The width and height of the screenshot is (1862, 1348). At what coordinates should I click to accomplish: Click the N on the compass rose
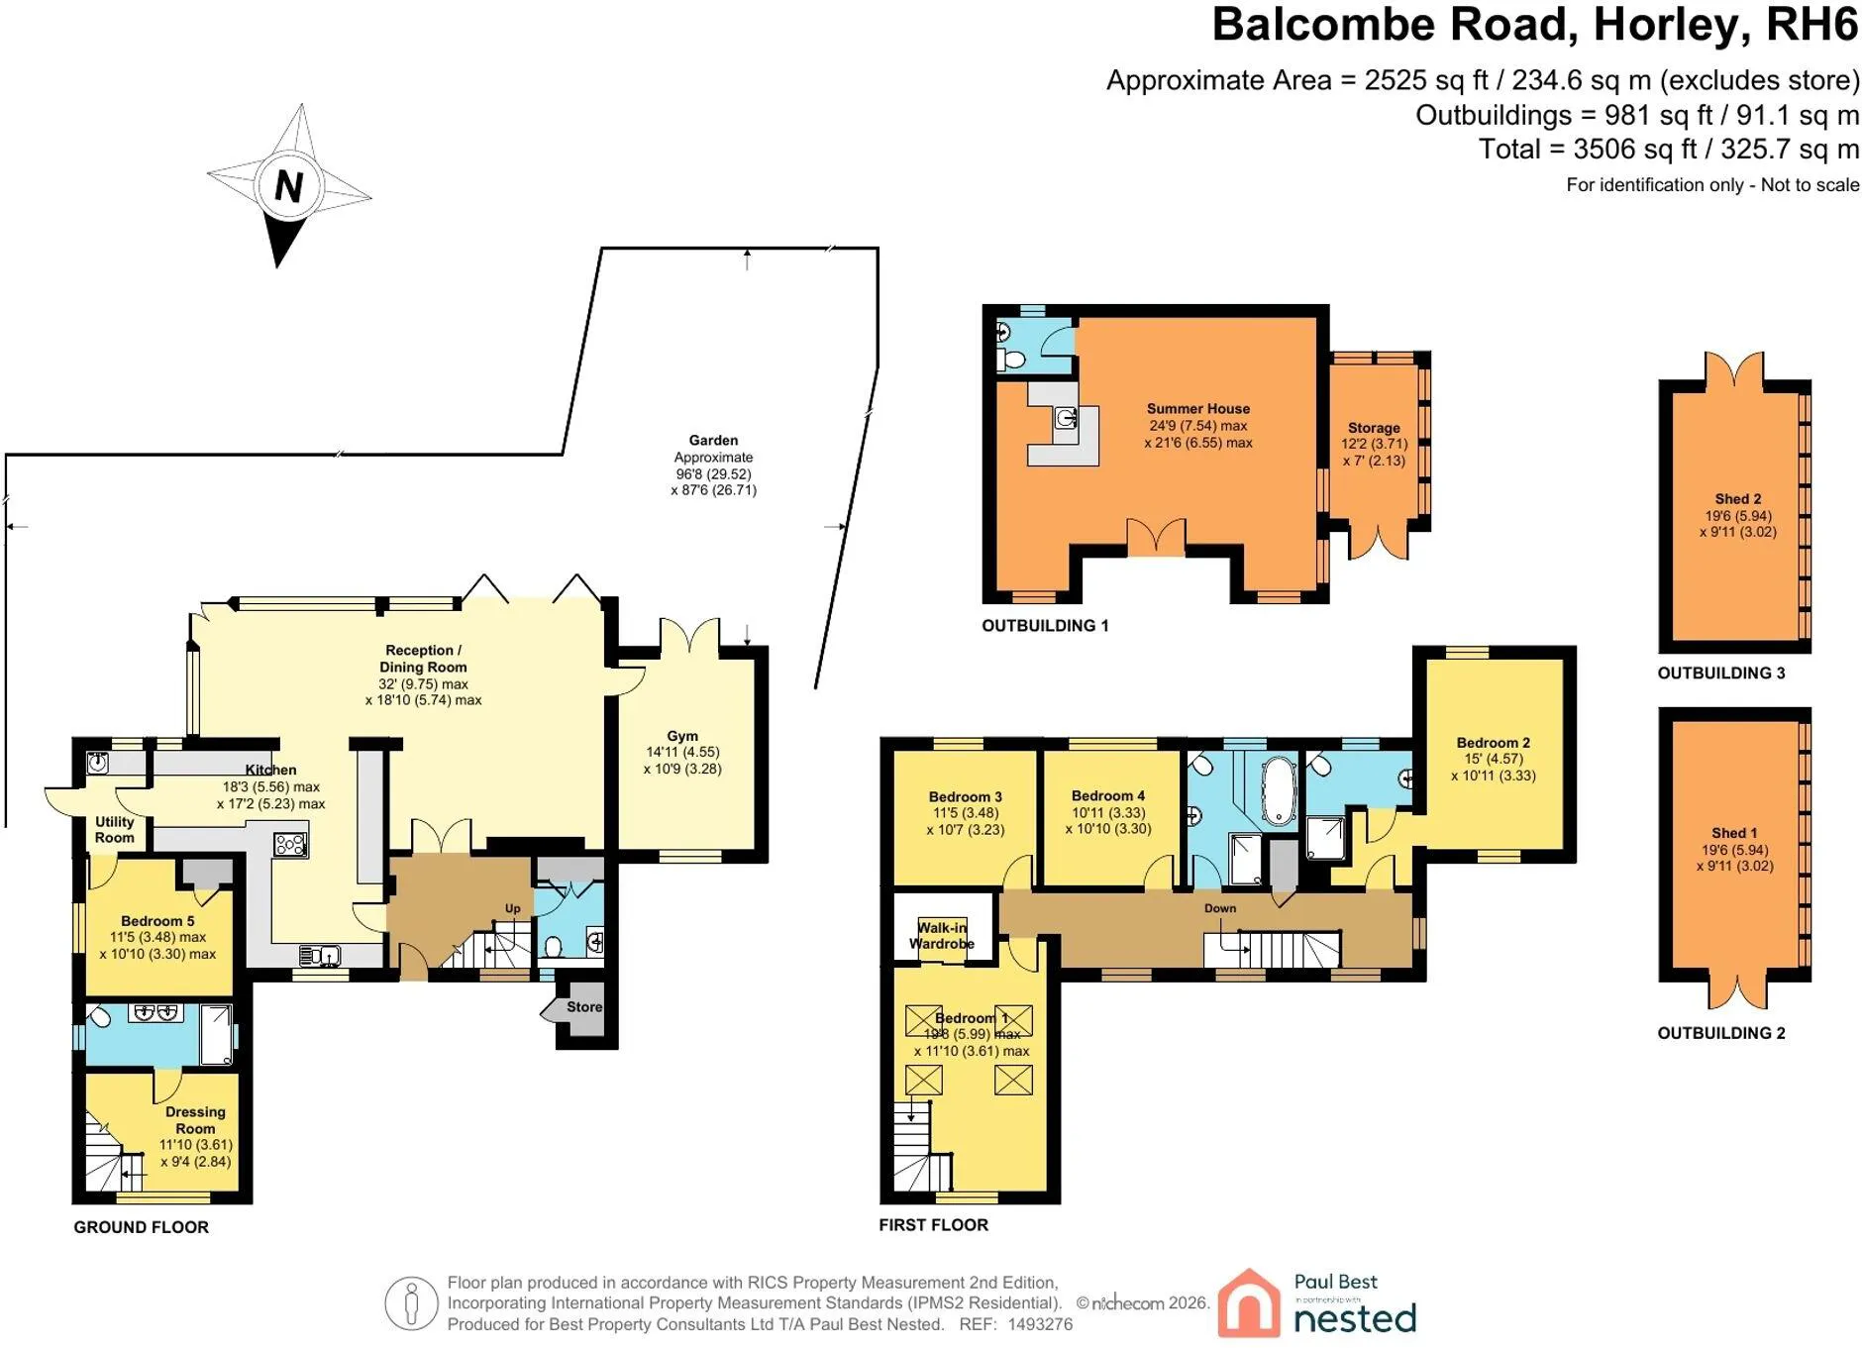(x=288, y=186)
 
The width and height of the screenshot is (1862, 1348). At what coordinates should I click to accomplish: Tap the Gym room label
(x=682, y=736)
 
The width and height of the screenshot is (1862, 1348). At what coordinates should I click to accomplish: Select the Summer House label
(x=1197, y=408)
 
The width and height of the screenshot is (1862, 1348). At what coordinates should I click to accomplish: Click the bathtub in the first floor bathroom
(x=1279, y=791)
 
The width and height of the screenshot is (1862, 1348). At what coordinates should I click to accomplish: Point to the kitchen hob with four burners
(x=290, y=844)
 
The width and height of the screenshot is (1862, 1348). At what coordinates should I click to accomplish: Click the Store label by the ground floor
(x=584, y=1006)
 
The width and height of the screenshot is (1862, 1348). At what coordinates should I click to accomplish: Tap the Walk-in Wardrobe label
(x=942, y=935)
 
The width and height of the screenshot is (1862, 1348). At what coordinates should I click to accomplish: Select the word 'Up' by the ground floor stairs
(x=513, y=908)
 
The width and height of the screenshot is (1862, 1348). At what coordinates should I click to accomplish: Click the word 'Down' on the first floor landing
(x=1220, y=908)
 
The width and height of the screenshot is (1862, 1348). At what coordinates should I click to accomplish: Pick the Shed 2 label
(x=1738, y=499)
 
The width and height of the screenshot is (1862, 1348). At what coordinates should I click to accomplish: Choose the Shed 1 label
(x=1734, y=833)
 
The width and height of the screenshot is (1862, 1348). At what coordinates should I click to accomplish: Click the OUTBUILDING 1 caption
(x=1045, y=626)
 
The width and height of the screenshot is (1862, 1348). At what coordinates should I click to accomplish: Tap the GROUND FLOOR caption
(x=141, y=1227)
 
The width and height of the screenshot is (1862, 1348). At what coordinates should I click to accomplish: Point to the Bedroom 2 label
(x=1494, y=743)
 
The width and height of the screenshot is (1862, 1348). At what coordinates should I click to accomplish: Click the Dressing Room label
(x=195, y=1120)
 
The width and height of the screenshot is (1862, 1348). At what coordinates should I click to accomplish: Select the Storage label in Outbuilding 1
(x=1374, y=428)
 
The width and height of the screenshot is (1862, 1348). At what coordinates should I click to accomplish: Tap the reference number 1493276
(x=1040, y=1324)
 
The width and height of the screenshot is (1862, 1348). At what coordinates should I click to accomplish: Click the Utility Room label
(x=115, y=830)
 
